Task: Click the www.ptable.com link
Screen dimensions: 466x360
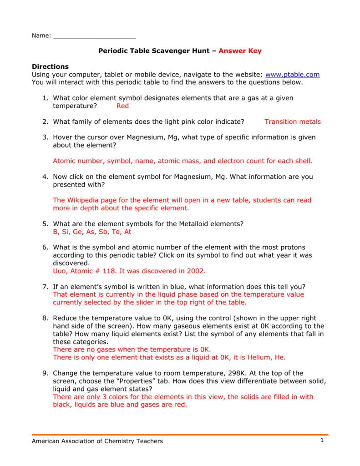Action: pos(292,75)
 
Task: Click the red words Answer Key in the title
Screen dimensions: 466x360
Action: pos(240,51)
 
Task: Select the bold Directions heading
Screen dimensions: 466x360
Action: pos(50,67)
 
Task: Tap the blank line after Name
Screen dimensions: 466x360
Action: pos(95,36)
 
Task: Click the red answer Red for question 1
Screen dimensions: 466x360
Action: pos(123,106)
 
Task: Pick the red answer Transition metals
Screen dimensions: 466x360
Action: pos(293,122)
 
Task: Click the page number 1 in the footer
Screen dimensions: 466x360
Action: pos(321,440)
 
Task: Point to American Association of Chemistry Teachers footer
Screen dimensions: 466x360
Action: pos(97,441)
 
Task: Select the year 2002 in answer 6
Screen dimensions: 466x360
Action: pos(196,271)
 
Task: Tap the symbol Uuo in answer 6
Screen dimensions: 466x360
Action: pos(61,271)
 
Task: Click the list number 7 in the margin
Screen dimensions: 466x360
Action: pos(46,286)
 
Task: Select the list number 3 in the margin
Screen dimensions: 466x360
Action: pos(46,137)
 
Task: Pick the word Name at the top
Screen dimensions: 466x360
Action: pos(40,36)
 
